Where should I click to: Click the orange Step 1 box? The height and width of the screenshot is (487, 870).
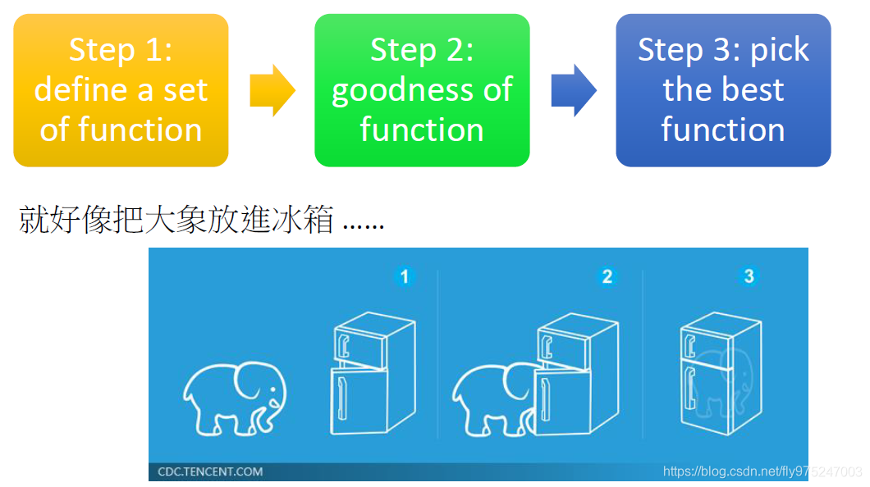[x=121, y=90]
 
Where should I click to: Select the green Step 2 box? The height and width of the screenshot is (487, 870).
[x=422, y=90]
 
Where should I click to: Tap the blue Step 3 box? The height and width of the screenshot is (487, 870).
[x=723, y=90]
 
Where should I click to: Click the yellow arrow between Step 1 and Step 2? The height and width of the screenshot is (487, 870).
[x=272, y=90]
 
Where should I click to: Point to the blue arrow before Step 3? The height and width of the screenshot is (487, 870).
[x=573, y=90]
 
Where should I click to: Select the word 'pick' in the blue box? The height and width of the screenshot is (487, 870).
[x=780, y=50]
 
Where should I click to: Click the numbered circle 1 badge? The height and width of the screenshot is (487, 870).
[x=404, y=276]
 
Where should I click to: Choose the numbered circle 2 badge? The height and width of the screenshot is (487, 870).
[x=607, y=276]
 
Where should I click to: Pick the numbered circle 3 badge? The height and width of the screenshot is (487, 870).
[x=748, y=276]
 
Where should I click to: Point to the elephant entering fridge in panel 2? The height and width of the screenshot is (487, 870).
[x=492, y=398]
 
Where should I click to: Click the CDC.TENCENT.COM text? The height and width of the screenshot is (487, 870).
[x=211, y=471]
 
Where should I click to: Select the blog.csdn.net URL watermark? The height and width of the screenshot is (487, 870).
[x=762, y=471]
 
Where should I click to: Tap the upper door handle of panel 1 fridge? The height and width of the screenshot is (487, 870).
[x=344, y=342]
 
